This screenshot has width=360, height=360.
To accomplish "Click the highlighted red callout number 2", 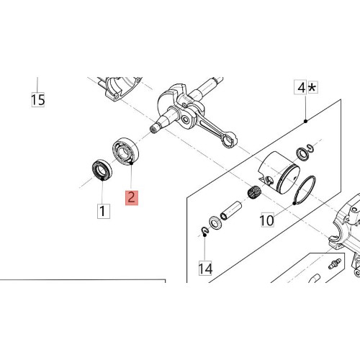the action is click(132, 197).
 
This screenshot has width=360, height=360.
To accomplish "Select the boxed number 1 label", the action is click(104, 211).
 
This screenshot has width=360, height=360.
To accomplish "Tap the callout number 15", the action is click(38, 99).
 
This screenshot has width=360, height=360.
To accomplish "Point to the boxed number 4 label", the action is click(300, 88).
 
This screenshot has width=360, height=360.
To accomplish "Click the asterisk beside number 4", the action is click(312, 87).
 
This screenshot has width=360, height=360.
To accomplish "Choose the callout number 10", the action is click(266, 220).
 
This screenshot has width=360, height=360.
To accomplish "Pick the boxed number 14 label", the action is click(205, 269).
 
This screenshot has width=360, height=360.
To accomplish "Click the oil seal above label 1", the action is click(102, 171).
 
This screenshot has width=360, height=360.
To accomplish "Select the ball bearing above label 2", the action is click(126, 151).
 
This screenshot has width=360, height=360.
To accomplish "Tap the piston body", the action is click(279, 172).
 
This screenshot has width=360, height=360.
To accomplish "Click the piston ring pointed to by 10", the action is click(305, 190).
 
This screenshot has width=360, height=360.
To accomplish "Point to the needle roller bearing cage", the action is click(254, 192).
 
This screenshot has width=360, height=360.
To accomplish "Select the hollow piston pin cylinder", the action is click(230, 210).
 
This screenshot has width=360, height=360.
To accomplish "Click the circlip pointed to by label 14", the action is click(204, 230).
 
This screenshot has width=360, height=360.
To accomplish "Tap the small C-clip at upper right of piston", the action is click(310, 148).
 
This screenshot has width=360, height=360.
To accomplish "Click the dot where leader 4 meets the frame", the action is click(305, 121).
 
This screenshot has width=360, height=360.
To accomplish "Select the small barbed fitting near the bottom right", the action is click(335, 264).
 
